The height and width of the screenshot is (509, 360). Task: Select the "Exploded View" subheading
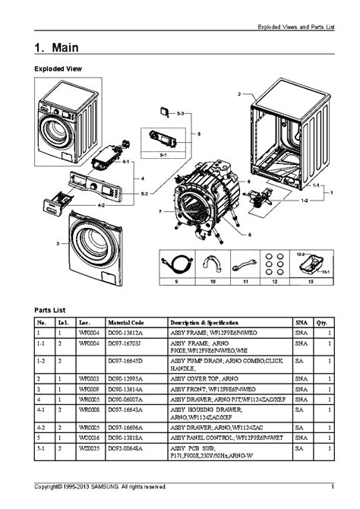[58, 69]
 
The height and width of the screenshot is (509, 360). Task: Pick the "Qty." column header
[322, 323]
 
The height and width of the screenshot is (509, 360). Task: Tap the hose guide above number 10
[211, 264]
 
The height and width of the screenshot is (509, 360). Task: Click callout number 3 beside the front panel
[58, 244]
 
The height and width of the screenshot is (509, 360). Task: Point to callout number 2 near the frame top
[238, 93]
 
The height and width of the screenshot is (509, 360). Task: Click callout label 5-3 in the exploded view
[180, 112]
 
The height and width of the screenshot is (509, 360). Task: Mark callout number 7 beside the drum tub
[160, 211]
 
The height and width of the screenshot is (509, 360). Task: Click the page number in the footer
[332, 486]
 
